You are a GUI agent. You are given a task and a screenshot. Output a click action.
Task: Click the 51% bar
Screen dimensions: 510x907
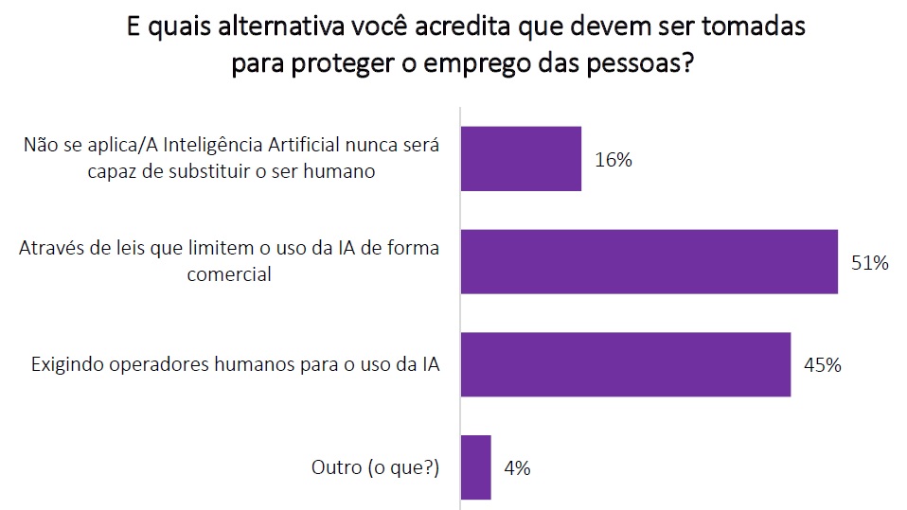(649, 261)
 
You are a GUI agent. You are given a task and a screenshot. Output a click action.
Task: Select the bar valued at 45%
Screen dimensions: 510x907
(625, 364)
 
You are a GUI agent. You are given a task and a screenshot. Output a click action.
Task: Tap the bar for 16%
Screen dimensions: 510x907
(520, 159)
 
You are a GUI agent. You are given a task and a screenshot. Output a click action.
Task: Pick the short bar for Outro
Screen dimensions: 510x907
(475, 467)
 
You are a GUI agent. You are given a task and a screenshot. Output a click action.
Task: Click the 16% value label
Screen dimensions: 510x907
(614, 159)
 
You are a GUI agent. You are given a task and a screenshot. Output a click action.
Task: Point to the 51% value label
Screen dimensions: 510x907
(869, 263)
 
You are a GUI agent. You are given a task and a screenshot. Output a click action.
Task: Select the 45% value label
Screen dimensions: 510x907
(822, 364)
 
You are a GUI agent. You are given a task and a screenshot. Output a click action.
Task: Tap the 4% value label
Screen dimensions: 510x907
(517, 467)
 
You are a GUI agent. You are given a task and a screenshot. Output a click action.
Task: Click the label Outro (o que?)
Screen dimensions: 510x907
(376, 467)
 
